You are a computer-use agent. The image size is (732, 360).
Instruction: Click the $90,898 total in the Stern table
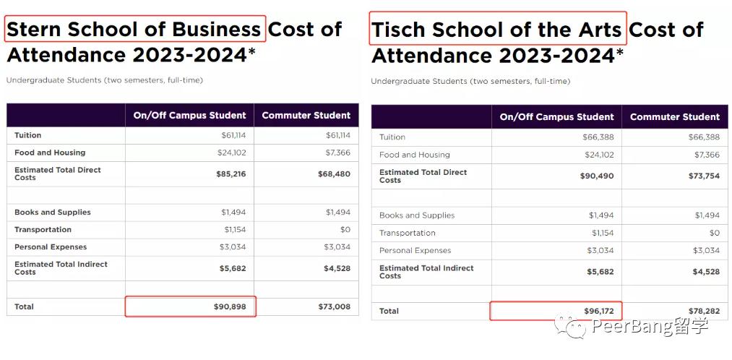tap(230, 307)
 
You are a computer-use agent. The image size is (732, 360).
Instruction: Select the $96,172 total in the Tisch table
tap(599, 311)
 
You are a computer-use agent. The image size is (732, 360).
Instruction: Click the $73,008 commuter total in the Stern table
tap(334, 307)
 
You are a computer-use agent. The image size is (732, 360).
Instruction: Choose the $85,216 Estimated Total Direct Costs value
tap(231, 173)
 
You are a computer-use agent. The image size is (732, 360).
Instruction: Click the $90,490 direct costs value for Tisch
tap(597, 176)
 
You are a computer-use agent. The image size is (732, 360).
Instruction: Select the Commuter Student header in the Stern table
tap(306, 115)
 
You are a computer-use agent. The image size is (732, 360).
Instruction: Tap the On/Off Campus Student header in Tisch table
tap(556, 116)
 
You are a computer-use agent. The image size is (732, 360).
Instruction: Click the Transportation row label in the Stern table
tap(43, 230)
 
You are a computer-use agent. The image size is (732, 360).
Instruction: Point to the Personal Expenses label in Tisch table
tap(415, 251)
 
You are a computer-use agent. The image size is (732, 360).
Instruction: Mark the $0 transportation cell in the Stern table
tap(345, 230)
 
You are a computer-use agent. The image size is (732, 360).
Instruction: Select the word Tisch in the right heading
tap(397, 30)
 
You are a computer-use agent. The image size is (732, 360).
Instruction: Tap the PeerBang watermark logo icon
tap(575, 327)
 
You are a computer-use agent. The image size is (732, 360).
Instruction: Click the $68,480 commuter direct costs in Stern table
tap(334, 173)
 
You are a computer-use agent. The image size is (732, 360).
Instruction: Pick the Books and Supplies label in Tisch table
tap(417, 215)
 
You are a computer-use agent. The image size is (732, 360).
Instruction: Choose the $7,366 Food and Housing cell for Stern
tap(336, 153)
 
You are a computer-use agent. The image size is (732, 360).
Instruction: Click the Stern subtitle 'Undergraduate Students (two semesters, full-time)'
tap(104, 80)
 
